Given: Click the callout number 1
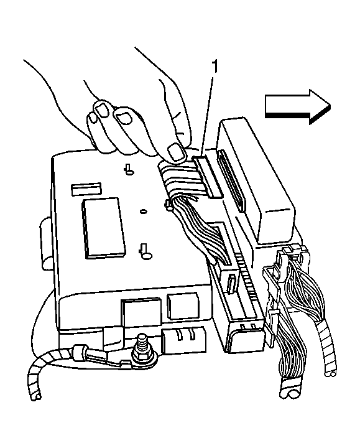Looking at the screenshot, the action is click(215, 67).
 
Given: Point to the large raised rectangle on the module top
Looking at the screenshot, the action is click(103, 228).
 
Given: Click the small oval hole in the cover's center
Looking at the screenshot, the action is click(144, 212).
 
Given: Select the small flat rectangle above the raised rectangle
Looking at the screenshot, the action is click(86, 189).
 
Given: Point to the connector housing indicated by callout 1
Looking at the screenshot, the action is click(207, 176).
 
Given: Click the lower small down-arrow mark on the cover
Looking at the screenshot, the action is click(145, 251).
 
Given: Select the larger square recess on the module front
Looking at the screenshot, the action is click(142, 312).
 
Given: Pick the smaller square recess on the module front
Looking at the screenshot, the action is click(183, 305).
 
